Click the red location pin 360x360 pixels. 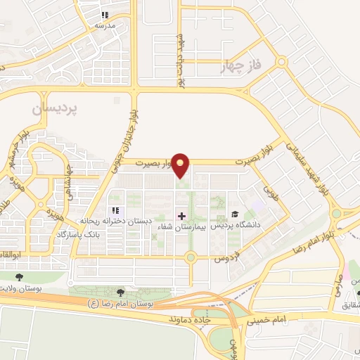(181, 165)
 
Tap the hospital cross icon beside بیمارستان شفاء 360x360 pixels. (181, 215)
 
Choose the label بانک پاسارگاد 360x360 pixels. (110, 232)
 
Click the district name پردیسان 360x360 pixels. (58, 110)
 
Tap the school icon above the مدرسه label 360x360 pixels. (105, 15)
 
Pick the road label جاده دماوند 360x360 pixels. (191, 319)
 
